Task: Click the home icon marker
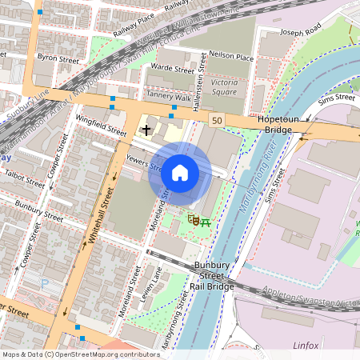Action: click(x=180, y=173)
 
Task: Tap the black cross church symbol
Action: click(x=146, y=129)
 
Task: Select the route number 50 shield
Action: click(x=217, y=119)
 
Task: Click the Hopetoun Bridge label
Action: click(x=278, y=123)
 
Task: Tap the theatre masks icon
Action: click(x=193, y=218)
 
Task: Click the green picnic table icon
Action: click(x=206, y=219)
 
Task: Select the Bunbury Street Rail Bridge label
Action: click(x=214, y=276)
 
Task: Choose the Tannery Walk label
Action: click(x=169, y=96)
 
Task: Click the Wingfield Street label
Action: click(x=101, y=124)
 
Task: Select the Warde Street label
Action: click(x=173, y=69)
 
